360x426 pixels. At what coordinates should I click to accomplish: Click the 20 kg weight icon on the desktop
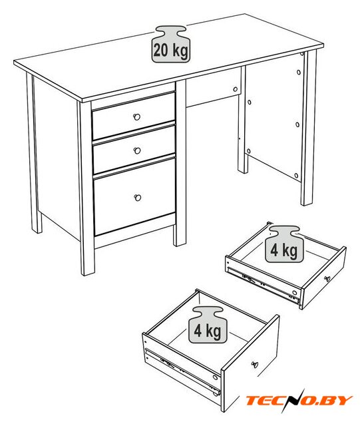[x=170, y=44]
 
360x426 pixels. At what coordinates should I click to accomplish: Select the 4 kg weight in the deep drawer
[x=208, y=325]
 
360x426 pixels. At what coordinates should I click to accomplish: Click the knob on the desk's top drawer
[x=137, y=117]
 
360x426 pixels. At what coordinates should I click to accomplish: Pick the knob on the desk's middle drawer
[x=137, y=150]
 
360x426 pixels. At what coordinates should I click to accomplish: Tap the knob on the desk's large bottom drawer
[x=138, y=198]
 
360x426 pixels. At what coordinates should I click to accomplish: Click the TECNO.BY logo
[x=299, y=401]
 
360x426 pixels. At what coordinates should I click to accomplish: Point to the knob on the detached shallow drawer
[x=327, y=279]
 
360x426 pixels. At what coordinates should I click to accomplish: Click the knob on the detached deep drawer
[x=255, y=365]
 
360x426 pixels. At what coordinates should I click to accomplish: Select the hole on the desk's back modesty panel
[x=236, y=89]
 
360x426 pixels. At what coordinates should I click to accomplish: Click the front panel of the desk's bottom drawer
[x=134, y=197]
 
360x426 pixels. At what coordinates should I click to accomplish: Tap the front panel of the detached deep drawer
[x=250, y=363]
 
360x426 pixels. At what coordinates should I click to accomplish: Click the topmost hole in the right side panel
[x=299, y=73]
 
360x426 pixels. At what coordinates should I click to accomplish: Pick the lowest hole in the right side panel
[x=296, y=176]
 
